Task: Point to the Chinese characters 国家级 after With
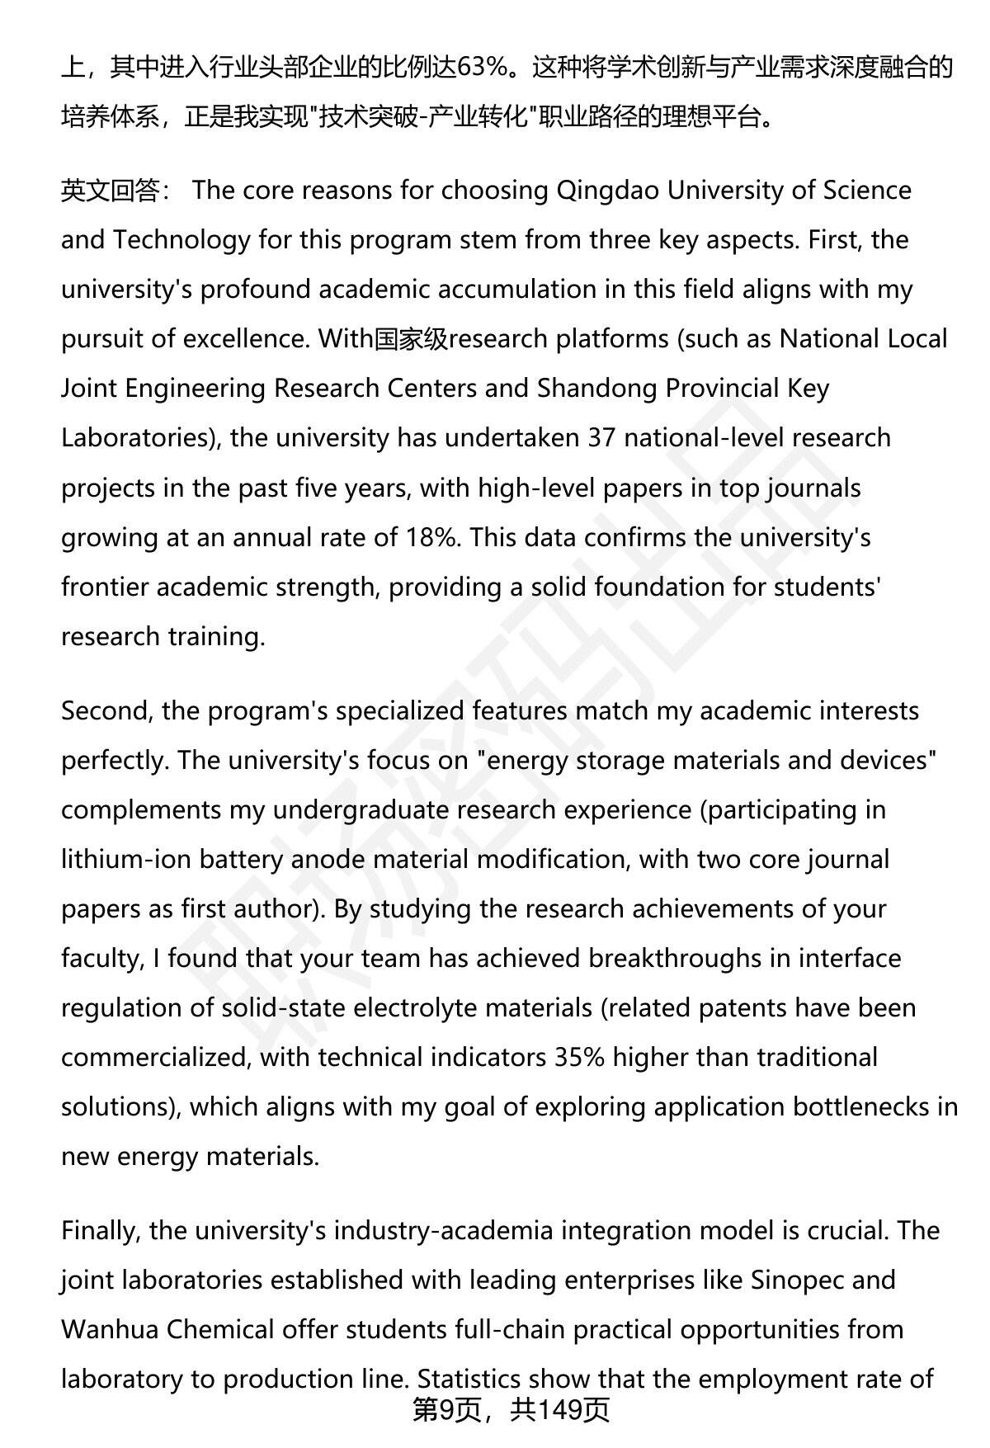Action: click(x=411, y=339)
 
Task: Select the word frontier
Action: click(x=104, y=587)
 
